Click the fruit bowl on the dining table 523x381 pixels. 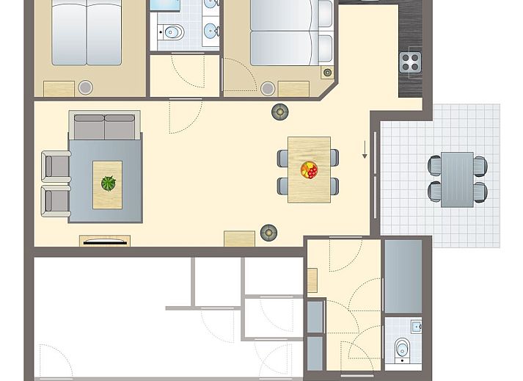pos(309,170)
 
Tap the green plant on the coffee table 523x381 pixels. pos(109,184)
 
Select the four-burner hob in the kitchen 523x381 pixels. pos(412,62)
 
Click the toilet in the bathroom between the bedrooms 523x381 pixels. pos(173,32)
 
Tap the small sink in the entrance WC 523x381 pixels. pos(416,326)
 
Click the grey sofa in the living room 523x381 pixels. pos(104,126)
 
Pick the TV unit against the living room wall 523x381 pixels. pos(104,241)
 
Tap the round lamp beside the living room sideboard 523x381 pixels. pos(269,233)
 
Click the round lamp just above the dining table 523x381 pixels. pos(279,112)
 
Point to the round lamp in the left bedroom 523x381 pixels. pos(85,87)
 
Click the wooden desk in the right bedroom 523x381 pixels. pos(293,89)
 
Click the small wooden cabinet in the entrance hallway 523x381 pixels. pos(312,280)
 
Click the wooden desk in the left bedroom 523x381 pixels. pos(59,89)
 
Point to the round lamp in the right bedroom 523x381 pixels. pos(267,88)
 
